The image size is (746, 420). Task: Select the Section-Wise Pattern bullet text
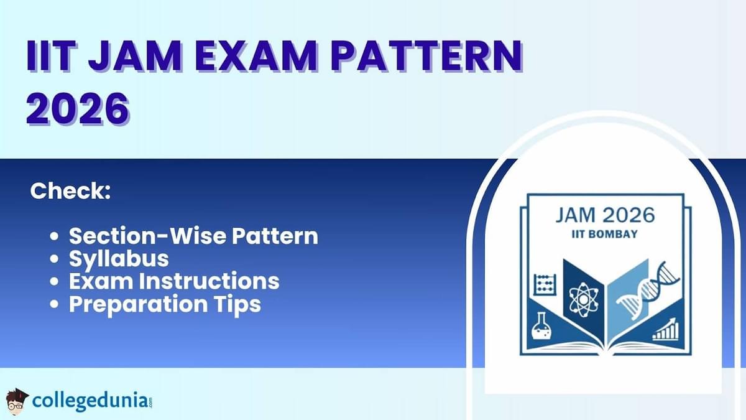(193, 236)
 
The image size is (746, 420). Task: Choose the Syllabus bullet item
(119, 258)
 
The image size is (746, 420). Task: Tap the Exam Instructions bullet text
(174, 281)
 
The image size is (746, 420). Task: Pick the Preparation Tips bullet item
(165, 304)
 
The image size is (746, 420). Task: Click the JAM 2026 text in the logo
(604, 215)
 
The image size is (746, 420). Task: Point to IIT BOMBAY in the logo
(604, 234)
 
